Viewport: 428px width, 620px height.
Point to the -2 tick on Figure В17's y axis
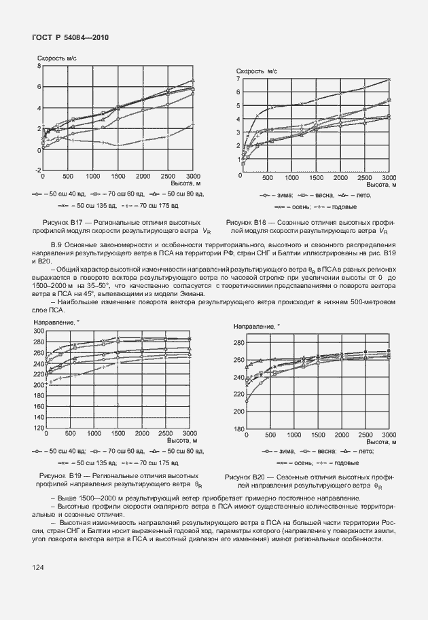click(x=38, y=169)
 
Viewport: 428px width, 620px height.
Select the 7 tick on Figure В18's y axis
click(x=238, y=79)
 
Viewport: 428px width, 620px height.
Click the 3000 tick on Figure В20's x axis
click(x=389, y=435)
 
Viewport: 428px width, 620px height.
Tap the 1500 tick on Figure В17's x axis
click(x=118, y=175)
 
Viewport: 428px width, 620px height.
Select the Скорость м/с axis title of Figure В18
click(x=257, y=71)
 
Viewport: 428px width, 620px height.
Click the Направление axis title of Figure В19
click(x=54, y=321)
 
